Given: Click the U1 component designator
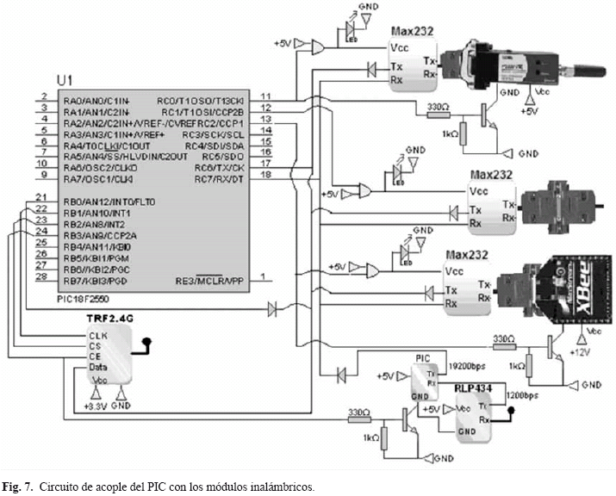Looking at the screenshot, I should click(65, 80).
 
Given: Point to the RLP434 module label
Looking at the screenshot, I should click(473, 388).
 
